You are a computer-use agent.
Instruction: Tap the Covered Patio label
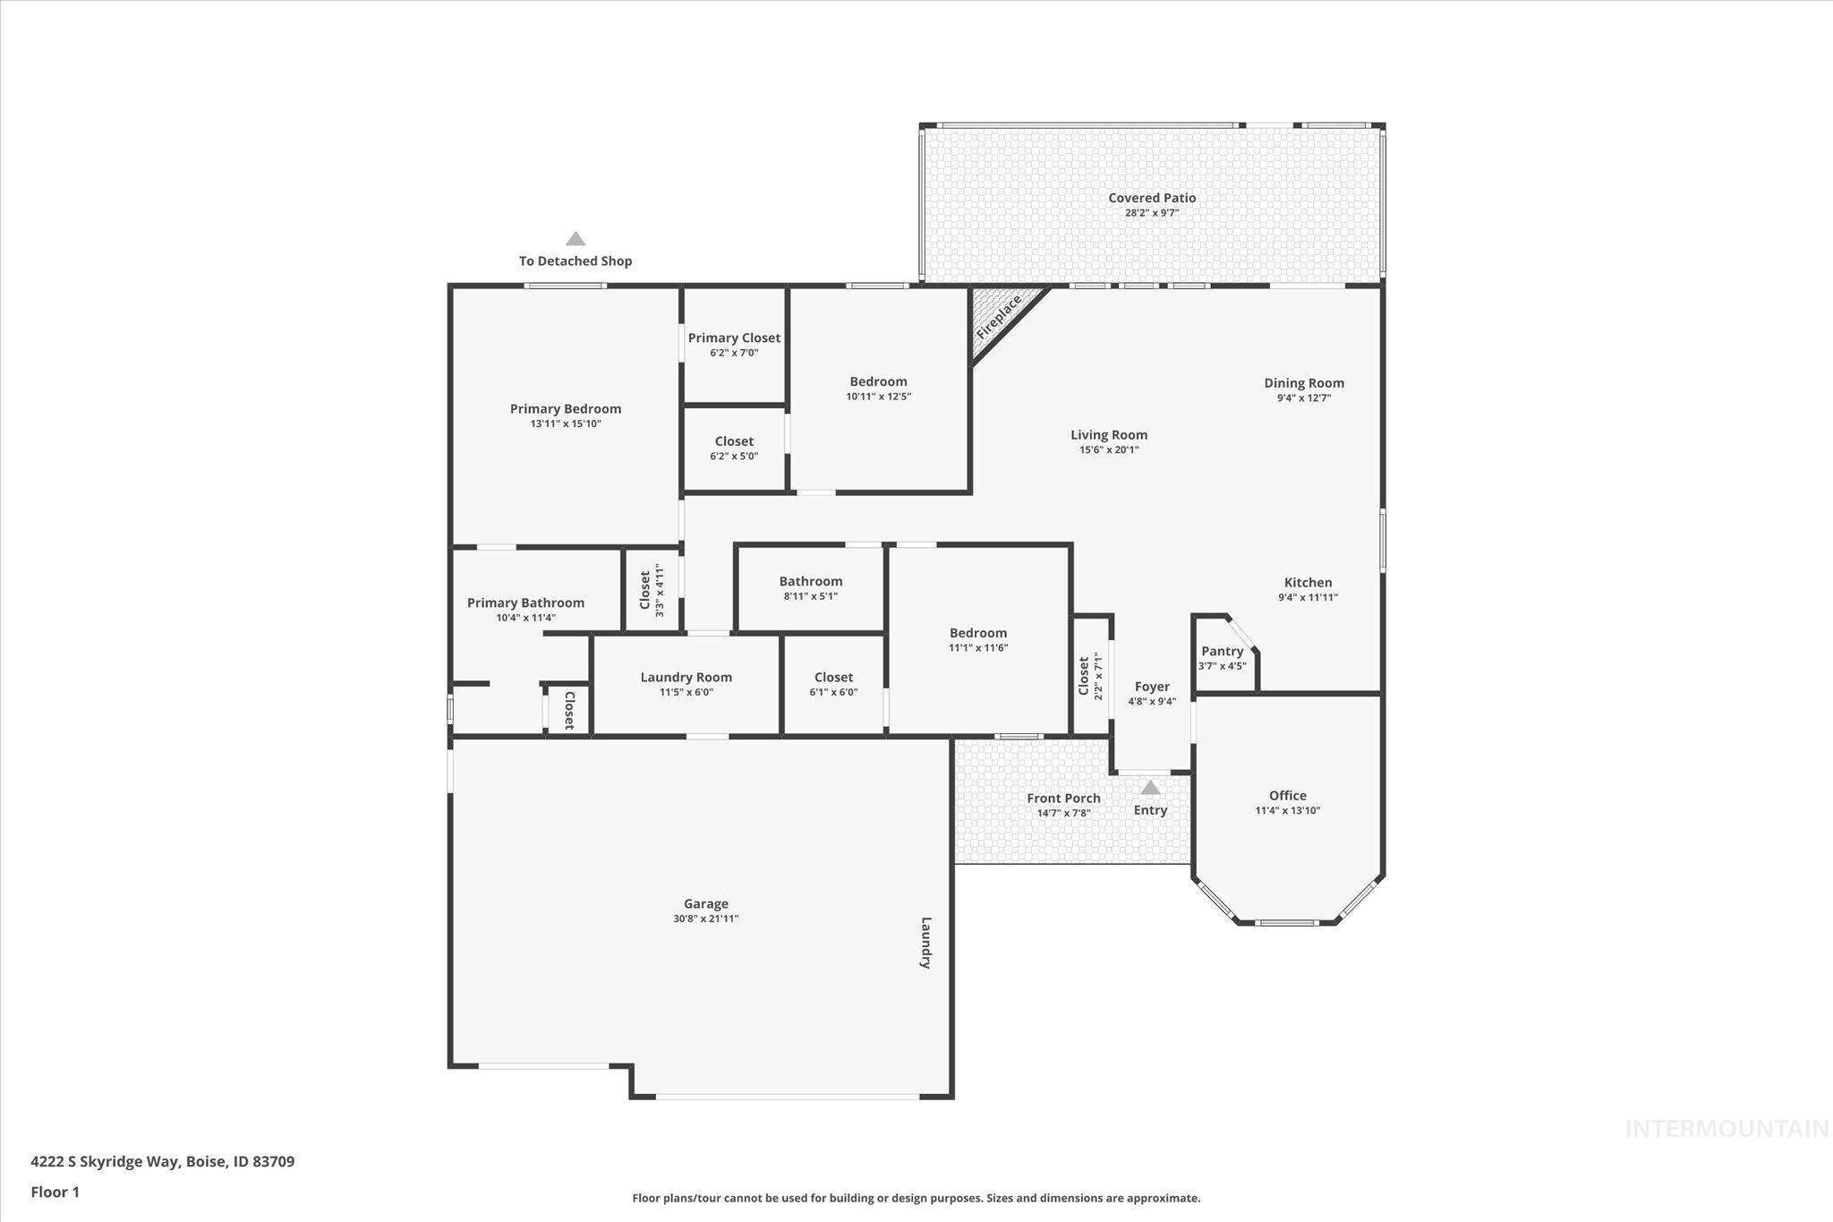1151,198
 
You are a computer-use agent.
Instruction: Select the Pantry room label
1222,651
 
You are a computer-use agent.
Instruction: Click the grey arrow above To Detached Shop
575,239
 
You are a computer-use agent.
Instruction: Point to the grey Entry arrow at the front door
1150,788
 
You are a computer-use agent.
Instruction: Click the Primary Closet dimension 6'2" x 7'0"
734,353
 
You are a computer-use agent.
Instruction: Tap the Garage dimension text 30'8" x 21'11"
705,919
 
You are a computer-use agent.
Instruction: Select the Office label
1287,795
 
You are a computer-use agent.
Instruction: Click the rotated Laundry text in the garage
926,943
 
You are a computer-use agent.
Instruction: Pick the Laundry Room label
686,677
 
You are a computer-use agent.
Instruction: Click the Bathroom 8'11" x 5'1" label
810,581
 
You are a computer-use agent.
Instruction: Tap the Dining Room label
1303,382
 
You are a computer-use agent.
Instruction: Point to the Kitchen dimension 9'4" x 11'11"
1308,597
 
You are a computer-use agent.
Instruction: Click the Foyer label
1151,687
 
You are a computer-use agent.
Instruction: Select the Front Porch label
1063,798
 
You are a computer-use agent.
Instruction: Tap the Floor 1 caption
55,1192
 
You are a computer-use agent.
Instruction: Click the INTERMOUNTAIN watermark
1726,1129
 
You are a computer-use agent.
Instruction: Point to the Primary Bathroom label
525,602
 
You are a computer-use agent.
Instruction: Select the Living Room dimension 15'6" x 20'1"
1109,450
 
